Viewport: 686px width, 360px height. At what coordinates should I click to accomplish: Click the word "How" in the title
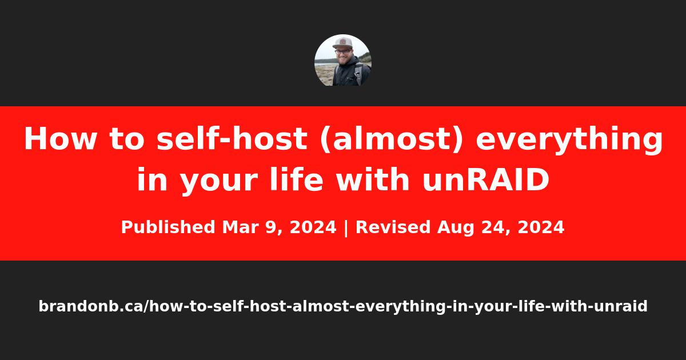61,139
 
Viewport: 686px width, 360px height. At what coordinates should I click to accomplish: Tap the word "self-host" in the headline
232,138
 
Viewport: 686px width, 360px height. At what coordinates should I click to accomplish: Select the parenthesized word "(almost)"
391,139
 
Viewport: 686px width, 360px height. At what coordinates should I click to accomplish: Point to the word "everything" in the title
569,140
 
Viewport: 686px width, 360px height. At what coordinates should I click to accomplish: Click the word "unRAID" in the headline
486,179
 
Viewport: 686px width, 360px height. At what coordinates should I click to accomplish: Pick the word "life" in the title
296,179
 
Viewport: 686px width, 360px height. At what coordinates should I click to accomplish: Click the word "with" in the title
373,179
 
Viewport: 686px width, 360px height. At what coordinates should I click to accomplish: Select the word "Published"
168,227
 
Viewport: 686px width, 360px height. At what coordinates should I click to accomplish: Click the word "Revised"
393,227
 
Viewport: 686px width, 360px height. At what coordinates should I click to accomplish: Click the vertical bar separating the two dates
346,228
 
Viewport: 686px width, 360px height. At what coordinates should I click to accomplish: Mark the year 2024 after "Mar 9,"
313,227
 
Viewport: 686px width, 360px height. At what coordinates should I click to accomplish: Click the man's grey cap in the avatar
342,42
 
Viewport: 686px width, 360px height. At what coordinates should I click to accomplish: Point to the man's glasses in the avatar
343,52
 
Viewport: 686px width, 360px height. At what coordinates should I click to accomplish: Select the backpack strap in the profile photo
358,74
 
